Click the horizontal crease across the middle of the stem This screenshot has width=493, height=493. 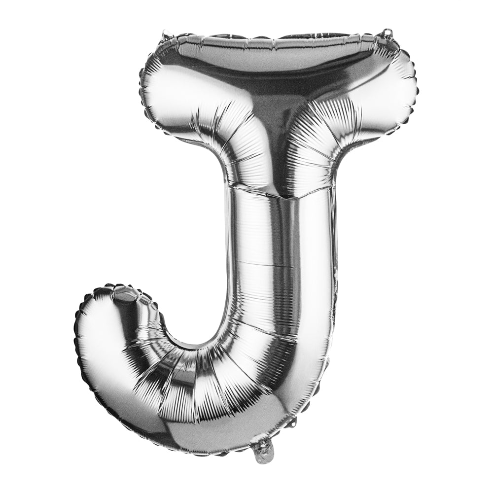(276, 266)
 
